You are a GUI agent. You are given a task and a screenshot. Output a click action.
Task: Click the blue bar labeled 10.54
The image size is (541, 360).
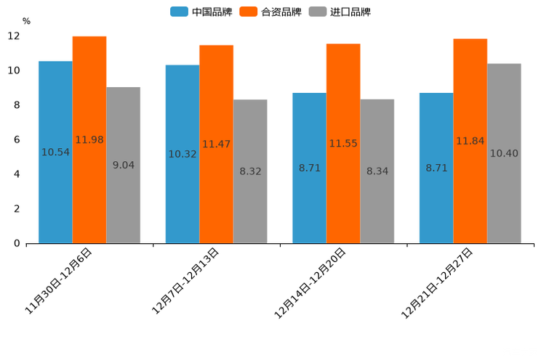coord(55,152)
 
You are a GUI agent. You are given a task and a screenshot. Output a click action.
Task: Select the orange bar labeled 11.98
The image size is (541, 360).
coord(89,140)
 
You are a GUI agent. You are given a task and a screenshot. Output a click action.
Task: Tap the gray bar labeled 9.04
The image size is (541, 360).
coord(123,165)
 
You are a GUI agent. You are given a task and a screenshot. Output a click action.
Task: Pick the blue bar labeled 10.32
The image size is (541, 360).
coord(183,155)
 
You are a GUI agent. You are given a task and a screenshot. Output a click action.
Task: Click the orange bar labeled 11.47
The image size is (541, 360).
coord(217,144)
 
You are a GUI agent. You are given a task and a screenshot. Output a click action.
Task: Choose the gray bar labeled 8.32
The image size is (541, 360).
coord(250,171)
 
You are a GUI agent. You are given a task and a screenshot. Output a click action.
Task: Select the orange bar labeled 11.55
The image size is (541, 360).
coord(343,144)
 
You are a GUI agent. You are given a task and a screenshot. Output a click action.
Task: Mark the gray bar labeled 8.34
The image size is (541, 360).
coord(377,171)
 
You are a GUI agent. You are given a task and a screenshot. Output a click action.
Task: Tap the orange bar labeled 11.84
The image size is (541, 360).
coord(470,141)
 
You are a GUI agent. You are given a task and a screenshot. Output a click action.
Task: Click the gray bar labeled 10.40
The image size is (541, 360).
coord(504,153)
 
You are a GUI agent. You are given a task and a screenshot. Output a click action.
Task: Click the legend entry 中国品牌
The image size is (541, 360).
coord(201,12)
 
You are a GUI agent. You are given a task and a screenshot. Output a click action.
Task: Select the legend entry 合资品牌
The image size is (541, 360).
coord(271,12)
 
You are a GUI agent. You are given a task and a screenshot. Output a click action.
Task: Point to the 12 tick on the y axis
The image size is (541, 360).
coord(13,36)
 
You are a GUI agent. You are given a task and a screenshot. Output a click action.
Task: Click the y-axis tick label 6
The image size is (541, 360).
coord(17,139)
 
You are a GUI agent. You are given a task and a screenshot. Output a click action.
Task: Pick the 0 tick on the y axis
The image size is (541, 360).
coord(17,243)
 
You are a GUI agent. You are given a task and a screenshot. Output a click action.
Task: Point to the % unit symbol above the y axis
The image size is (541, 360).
coord(26,21)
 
